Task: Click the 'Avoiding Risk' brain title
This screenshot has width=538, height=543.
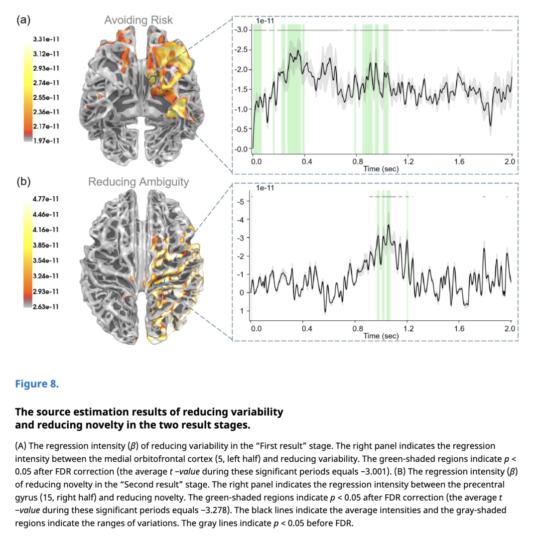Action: click(138, 20)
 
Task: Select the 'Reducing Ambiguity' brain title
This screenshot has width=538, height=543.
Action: click(138, 182)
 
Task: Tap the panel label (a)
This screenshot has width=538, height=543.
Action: click(24, 20)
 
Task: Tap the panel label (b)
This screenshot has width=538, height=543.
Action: click(24, 182)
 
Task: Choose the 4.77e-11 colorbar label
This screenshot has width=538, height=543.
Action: click(45, 199)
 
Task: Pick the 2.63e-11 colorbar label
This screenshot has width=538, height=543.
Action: click(45, 306)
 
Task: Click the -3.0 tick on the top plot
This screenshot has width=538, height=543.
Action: click(241, 30)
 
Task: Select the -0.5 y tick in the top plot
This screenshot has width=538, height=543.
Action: click(241, 129)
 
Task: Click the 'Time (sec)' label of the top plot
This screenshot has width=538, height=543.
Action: click(381, 169)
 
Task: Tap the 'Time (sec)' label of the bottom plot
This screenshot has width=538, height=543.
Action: click(381, 336)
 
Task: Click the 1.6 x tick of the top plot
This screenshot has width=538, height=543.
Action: click(459, 162)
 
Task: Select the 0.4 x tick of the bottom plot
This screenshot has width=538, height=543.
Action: click(307, 329)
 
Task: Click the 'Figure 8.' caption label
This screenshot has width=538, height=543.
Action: click(37, 384)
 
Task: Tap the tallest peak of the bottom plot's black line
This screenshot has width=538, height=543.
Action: click(388, 225)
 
